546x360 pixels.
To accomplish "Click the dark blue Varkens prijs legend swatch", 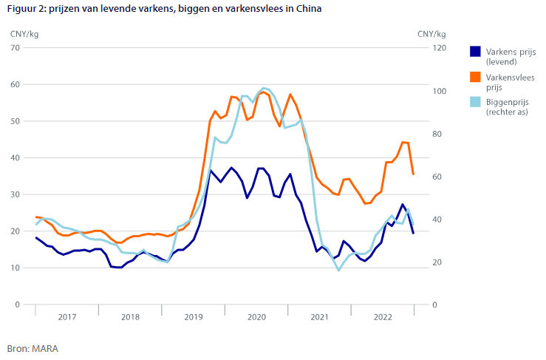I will pos(475,52).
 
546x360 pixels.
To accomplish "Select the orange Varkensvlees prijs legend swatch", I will pos(475,77).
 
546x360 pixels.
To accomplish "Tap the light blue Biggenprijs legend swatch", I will pos(475,102).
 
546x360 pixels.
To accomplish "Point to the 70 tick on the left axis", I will pos(15,48).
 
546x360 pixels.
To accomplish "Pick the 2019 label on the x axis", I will pos(193,316).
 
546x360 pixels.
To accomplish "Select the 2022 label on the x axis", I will pos(382,316).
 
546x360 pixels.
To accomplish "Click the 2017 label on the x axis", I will pos(66,316).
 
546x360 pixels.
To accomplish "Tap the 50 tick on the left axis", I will pos(15,121).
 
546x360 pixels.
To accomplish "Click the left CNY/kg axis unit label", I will pos(24,33).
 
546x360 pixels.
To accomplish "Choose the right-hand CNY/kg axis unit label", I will pos(431,33).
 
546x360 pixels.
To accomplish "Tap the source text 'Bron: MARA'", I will pos(33,347).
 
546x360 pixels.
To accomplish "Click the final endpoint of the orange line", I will pos(413,174).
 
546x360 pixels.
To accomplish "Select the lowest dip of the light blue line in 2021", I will pos(338,271).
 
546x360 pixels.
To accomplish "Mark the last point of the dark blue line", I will pos(413,233).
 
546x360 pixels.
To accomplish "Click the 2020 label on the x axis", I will pos(256,316).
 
